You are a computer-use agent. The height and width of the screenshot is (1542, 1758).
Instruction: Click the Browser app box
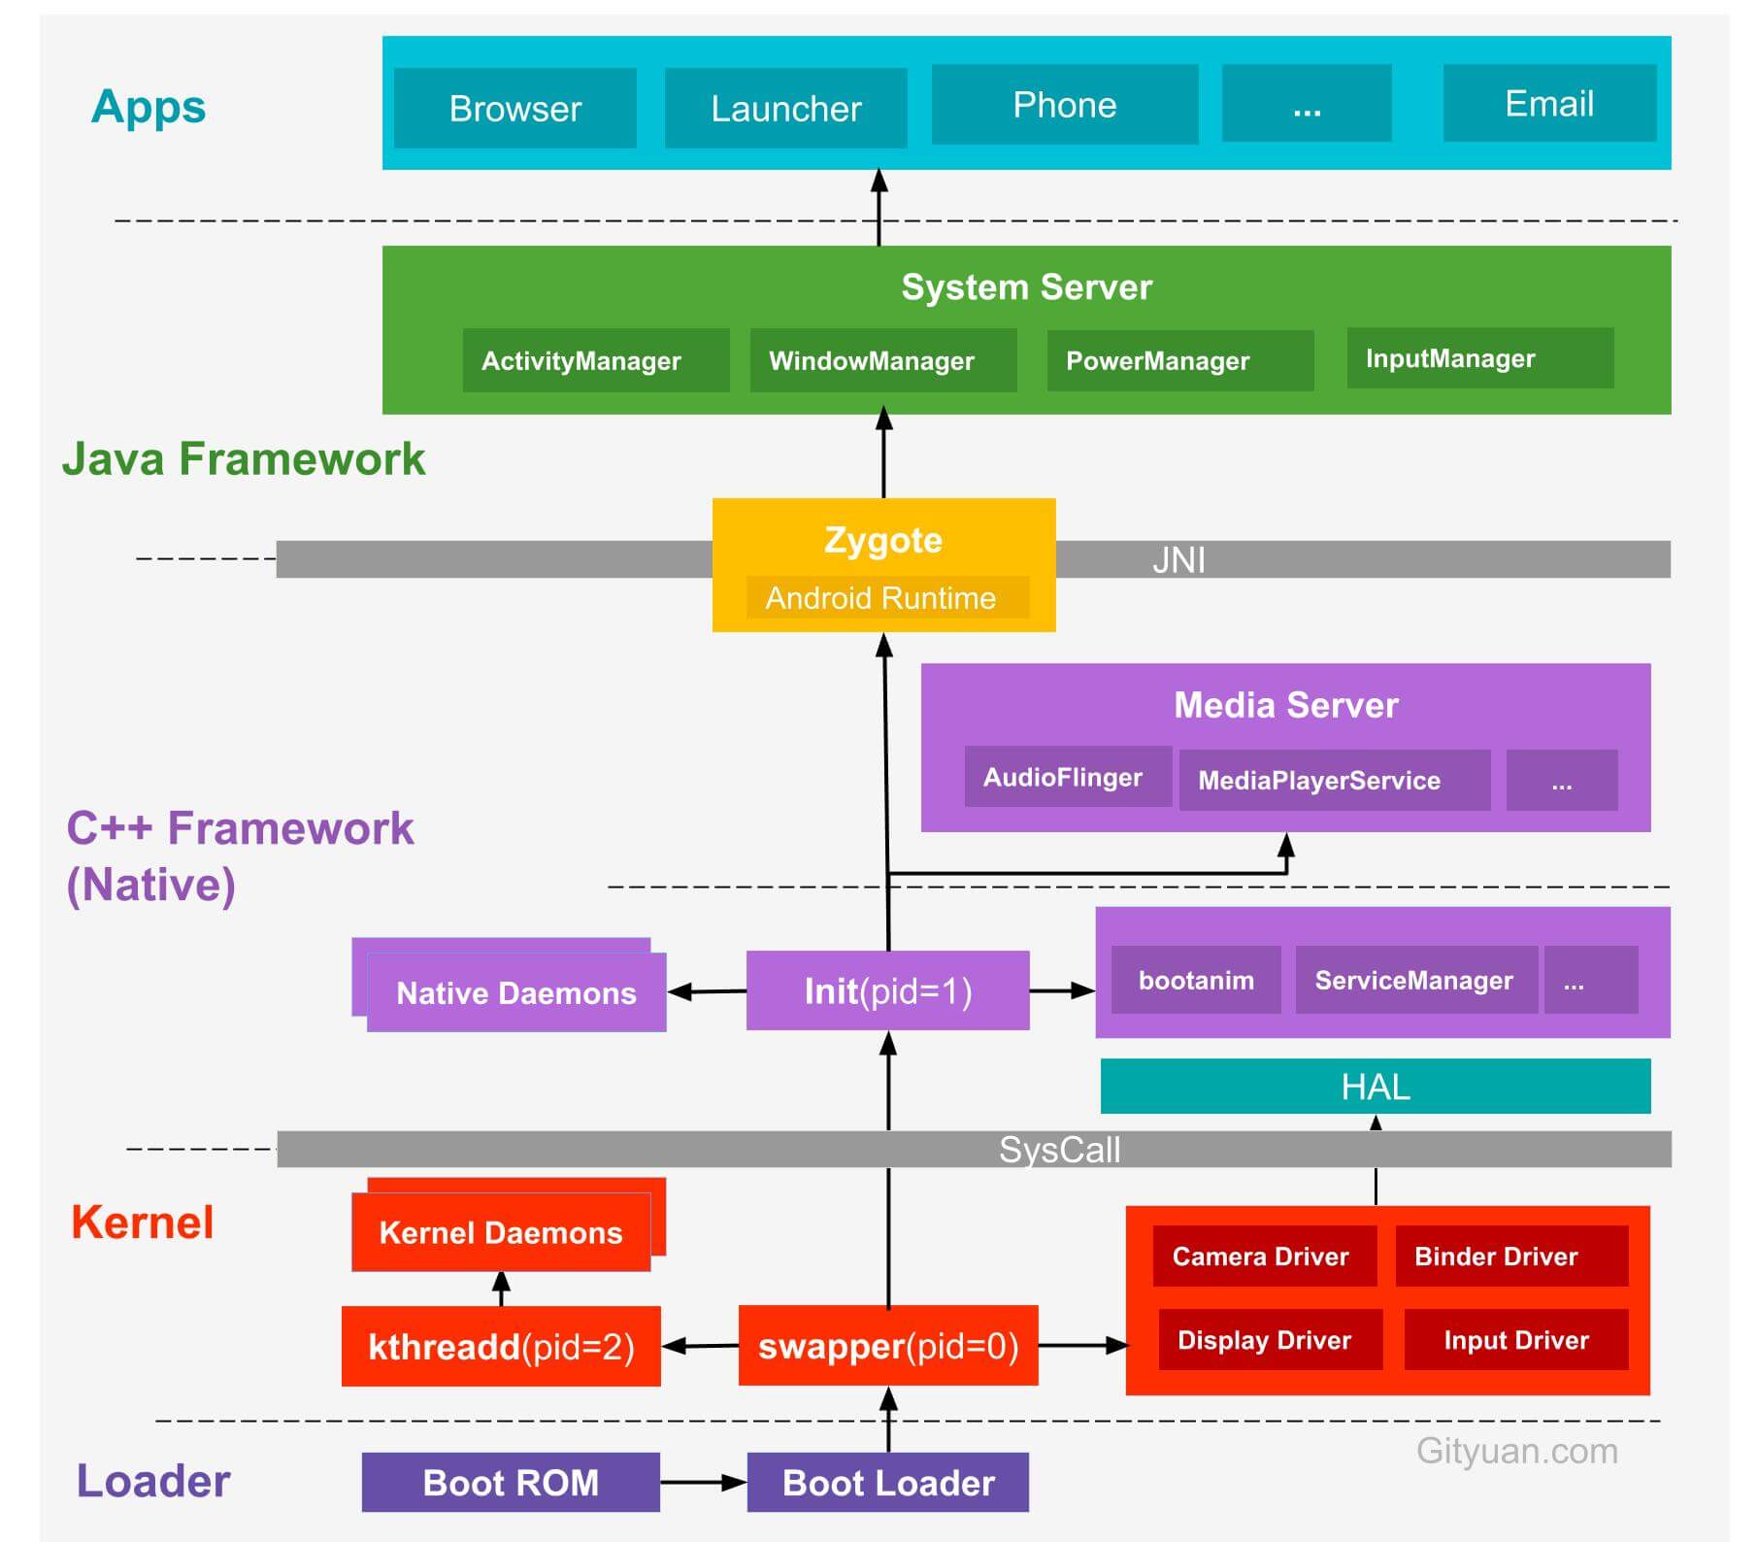tap(514, 108)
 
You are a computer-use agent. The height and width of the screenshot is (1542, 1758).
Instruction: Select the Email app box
tap(1548, 103)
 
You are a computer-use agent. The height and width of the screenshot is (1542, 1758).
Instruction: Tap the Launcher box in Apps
tap(785, 108)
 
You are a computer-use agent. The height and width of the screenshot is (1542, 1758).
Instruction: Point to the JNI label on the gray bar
tap(1178, 560)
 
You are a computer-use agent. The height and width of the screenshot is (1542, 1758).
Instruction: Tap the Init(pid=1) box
tap(887, 990)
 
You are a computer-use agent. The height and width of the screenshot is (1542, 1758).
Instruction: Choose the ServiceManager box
tap(1414, 980)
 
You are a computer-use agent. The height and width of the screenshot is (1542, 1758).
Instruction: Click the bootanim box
tap(1195, 980)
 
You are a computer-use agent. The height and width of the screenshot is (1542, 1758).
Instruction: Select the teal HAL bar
tap(1375, 1087)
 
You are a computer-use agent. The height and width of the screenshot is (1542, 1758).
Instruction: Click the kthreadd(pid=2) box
tap(501, 1346)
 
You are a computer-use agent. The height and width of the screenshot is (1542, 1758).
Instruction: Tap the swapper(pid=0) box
tap(887, 1346)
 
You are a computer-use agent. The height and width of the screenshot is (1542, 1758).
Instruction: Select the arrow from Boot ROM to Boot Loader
tap(703, 1482)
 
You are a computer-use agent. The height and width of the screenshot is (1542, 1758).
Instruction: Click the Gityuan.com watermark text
tap(1516, 1451)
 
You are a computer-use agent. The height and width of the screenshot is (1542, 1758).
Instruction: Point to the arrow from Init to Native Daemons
tap(707, 991)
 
